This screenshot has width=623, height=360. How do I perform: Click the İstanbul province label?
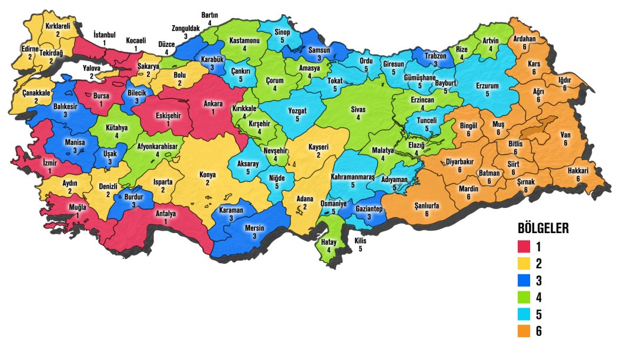(x=105, y=35)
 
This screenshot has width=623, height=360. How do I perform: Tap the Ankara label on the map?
(x=213, y=104)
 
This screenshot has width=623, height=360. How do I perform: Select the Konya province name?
(x=207, y=174)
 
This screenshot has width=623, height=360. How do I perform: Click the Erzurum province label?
(x=487, y=86)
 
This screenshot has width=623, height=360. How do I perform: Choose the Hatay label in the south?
(x=329, y=242)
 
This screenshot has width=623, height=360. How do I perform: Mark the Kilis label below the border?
(x=360, y=241)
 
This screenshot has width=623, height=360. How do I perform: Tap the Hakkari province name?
(x=578, y=170)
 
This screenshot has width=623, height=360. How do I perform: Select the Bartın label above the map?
(x=210, y=15)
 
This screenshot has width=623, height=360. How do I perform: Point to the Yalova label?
(x=91, y=68)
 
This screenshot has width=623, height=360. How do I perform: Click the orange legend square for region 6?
(x=524, y=332)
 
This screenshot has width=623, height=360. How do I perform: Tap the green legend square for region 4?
(x=524, y=298)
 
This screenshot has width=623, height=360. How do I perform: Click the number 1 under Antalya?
(x=165, y=221)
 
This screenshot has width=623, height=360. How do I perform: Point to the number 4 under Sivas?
(x=359, y=117)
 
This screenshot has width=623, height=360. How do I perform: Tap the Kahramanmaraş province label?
(x=353, y=176)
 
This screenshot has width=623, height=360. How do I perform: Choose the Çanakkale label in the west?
(x=36, y=93)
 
